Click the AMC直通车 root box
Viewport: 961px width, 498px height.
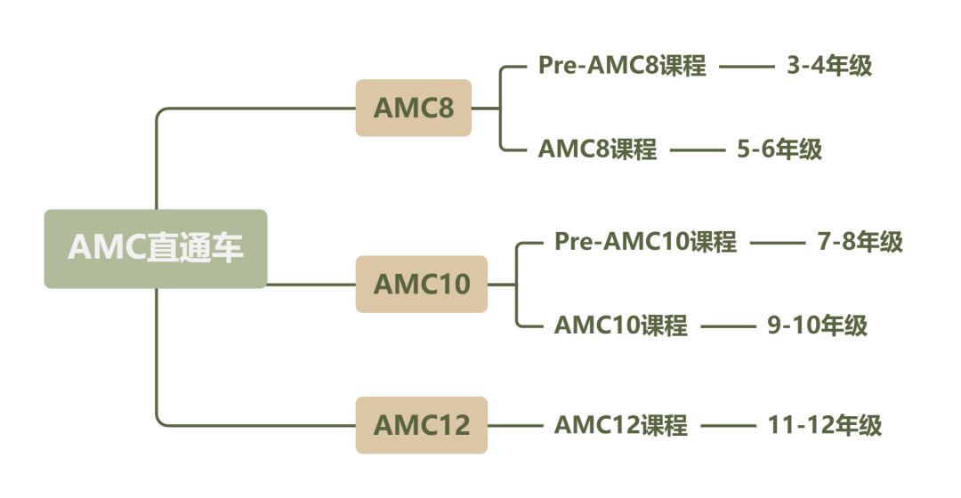[x=156, y=249]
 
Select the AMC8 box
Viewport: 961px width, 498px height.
[x=414, y=108]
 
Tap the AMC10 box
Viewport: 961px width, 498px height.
[x=422, y=284]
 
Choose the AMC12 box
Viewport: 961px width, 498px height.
[x=422, y=425]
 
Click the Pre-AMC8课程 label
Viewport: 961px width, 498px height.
[x=622, y=66]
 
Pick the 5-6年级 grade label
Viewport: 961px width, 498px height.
[x=779, y=149]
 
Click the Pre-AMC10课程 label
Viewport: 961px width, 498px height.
[x=645, y=242]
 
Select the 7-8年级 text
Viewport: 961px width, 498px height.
[x=860, y=242]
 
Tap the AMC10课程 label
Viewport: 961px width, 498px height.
[x=621, y=325]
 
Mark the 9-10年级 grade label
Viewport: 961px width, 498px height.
[x=818, y=325]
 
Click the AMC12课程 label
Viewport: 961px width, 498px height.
[x=621, y=425]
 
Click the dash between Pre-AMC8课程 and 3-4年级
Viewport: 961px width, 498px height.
[x=747, y=66]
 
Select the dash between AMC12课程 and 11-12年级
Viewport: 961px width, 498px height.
[x=729, y=425]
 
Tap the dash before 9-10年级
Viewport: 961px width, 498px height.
[x=729, y=326]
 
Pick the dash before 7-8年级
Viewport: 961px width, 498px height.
[x=777, y=242]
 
